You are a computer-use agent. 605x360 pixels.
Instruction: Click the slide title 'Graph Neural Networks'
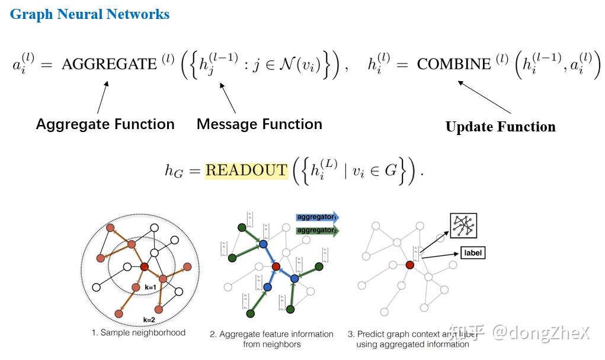coord(90,14)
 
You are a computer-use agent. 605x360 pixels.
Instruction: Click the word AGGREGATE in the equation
coord(109,64)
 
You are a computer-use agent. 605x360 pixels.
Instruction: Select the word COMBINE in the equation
coord(454,64)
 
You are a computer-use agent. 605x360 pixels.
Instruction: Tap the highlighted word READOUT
coord(246,171)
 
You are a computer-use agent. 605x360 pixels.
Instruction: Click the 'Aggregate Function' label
coord(105,124)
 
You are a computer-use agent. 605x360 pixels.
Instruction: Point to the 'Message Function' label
coord(260,124)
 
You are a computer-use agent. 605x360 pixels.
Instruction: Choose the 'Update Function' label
coord(500,127)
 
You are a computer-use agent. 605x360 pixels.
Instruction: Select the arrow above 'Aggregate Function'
coord(103,97)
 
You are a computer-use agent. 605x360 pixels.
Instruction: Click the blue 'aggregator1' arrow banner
coord(317,217)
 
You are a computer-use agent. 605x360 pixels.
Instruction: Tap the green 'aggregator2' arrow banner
coord(317,230)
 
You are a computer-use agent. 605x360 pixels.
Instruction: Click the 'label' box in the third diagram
coord(472,253)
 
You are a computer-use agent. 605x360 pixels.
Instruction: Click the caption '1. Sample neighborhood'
coord(138,333)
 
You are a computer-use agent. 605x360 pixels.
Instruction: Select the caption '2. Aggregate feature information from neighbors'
coord(271,339)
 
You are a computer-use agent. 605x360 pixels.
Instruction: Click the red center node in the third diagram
coord(409,265)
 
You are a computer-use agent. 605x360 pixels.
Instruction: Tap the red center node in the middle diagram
coord(276,267)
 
